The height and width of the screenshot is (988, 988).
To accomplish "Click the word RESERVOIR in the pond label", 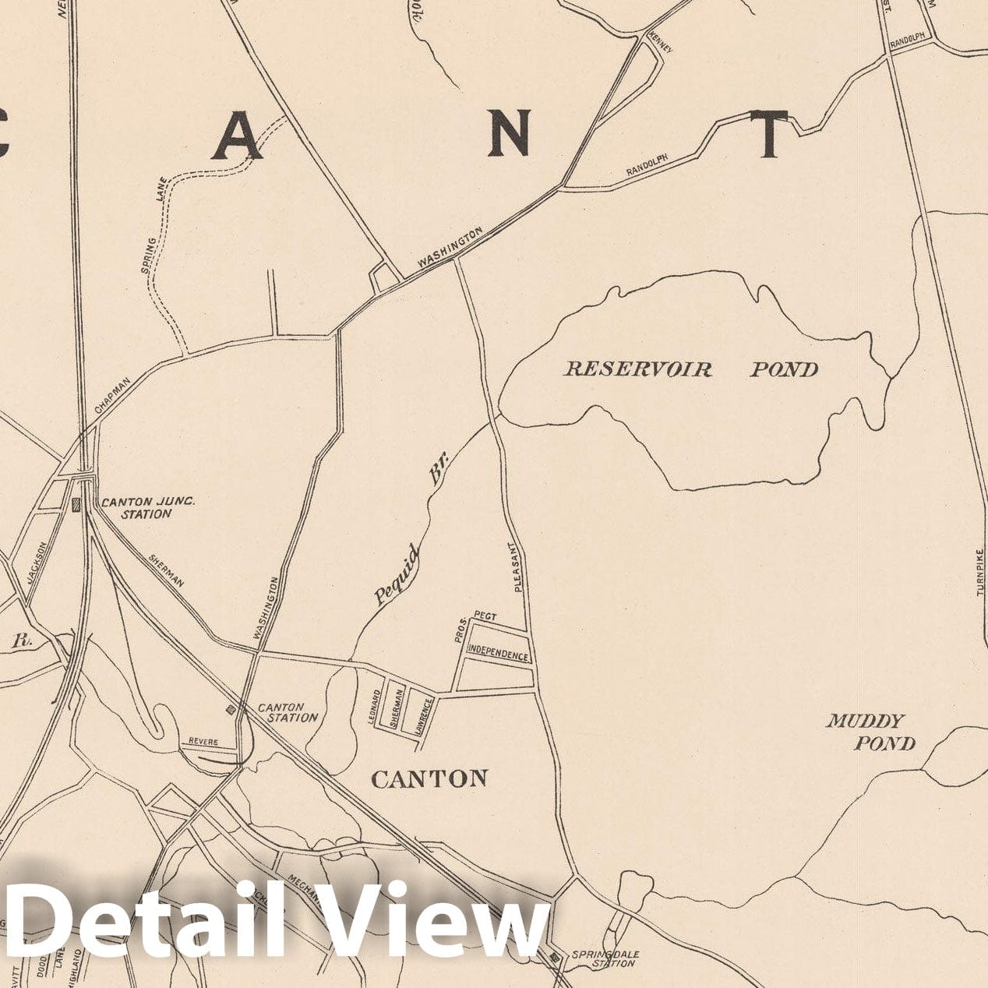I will click(x=637, y=369).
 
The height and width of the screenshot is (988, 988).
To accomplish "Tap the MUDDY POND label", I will click(x=871, y=732).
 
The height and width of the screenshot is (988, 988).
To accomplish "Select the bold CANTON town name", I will click(x=429, y=778).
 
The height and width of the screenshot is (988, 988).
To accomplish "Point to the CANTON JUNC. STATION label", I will click(x=146, y=507).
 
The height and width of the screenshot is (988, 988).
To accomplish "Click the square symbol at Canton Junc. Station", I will click(x=76, y=504).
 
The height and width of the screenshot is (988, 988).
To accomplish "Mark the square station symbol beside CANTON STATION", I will click(x=231, y=709).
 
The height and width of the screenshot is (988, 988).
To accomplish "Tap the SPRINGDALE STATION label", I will click(x=603, y=958).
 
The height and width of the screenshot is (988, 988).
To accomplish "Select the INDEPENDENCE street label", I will click(x=498, y=655).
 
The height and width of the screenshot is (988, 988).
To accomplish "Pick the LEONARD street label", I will click(x=377, y=707).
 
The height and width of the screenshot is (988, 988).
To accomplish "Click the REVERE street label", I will click(x=203, y=742).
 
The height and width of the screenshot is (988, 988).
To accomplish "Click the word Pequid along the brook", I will click(x=398, y=576).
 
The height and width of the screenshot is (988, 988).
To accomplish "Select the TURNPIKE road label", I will click(x=979, y=571).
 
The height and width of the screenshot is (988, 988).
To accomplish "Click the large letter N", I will click(x=510, y=133).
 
